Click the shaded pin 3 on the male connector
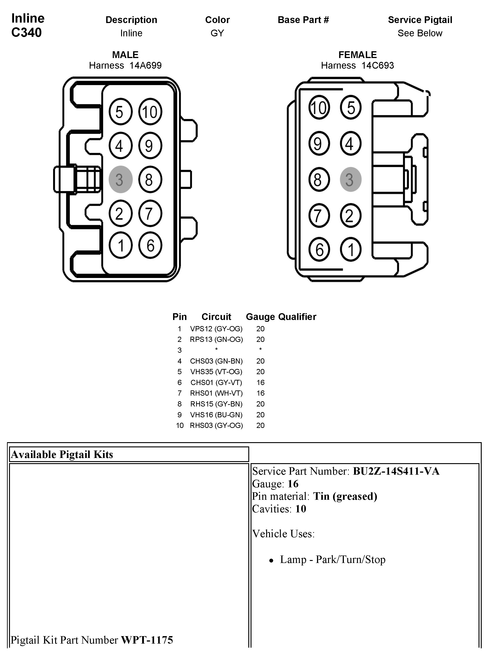120,179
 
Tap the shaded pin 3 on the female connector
350,179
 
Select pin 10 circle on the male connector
150,112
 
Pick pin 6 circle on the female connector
319,249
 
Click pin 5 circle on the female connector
350,107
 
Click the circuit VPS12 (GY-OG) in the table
216,329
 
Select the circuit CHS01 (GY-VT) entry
216,382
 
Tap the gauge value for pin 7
260,393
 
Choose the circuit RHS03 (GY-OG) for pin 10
216,425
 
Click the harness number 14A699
145,65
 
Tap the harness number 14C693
378,65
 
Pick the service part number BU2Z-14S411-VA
396,471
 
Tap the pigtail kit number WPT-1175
147,640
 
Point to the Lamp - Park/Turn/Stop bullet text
332,560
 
